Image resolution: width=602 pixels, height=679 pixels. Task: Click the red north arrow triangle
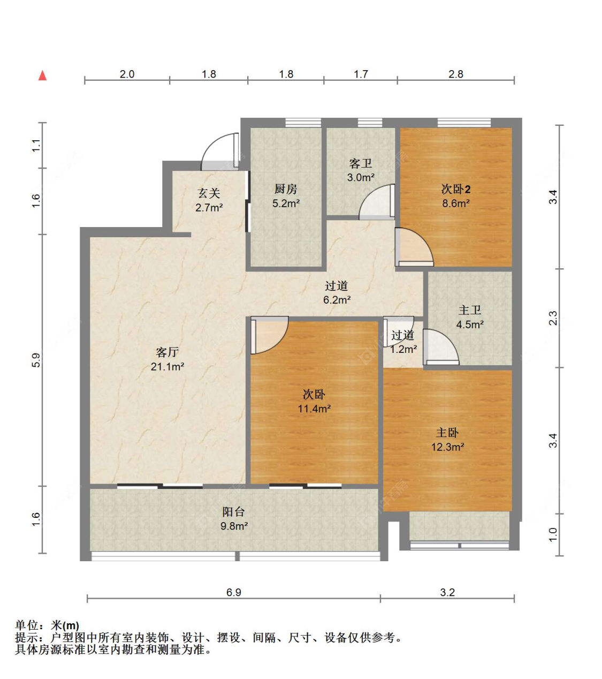pos(42,76)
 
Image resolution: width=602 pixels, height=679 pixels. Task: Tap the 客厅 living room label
pos(167,352)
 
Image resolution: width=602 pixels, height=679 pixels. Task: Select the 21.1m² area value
pos(167,367)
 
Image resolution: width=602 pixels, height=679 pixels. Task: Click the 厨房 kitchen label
pos(286,189)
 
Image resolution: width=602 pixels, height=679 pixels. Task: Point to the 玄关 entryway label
pos(209,193)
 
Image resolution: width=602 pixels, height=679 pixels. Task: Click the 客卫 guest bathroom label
pos(361,163)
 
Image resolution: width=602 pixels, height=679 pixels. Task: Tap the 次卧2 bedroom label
pos(455,190)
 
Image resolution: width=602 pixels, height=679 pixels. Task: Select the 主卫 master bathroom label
pos(470,310)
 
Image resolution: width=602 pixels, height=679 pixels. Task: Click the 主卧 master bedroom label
pos(447,433)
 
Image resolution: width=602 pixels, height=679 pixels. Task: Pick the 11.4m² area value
pos(314,409)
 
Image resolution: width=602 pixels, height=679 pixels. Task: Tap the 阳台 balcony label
pos(233,512)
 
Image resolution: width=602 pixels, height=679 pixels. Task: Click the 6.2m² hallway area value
pos(337,300)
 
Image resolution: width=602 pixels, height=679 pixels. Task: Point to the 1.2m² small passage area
pos(403,350)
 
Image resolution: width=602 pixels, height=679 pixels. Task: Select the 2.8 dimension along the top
pos(455,74)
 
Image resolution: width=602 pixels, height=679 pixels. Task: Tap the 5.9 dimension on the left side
pos(36,360)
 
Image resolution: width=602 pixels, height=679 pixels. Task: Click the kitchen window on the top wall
pos(303,123)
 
